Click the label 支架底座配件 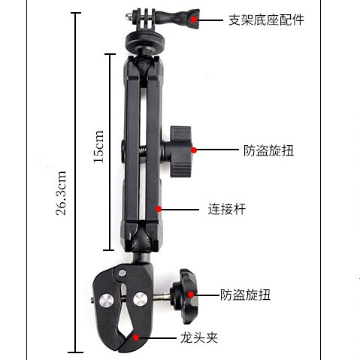(266, 20)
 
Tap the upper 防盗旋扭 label (268, 150)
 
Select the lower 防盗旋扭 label (245, 295)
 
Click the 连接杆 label (226, 209)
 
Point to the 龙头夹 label (199, 338)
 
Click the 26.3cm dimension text (61, 193)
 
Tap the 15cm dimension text (98, 147)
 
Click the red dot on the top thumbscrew (194, 20)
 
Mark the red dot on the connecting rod (159, 209)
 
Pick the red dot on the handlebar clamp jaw (136, 337)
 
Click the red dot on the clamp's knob (191, 295)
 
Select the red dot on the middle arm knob (194, 150)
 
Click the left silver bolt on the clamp (107, 300)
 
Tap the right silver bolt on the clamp (140, 298)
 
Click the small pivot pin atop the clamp (122, 273)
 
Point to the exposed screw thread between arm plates (143, 151)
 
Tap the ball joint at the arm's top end (143, 65)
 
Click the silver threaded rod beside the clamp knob (161, 298)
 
